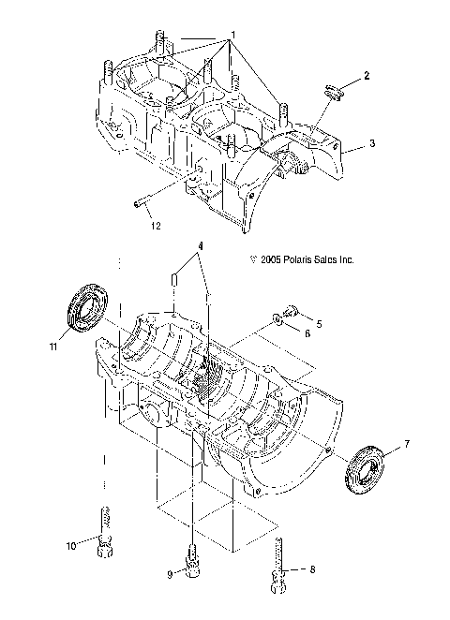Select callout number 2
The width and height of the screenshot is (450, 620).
[x=367, y=75]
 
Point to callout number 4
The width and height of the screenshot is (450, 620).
[x=199, y=247]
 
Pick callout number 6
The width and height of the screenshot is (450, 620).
[x=307, y=334]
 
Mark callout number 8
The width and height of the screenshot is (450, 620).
[x=311, y=568]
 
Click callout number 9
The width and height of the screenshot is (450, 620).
[x=169, y=574]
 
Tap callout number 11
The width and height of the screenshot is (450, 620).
[x=55, y=347]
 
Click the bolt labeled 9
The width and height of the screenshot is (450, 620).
[x=192, y=560]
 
